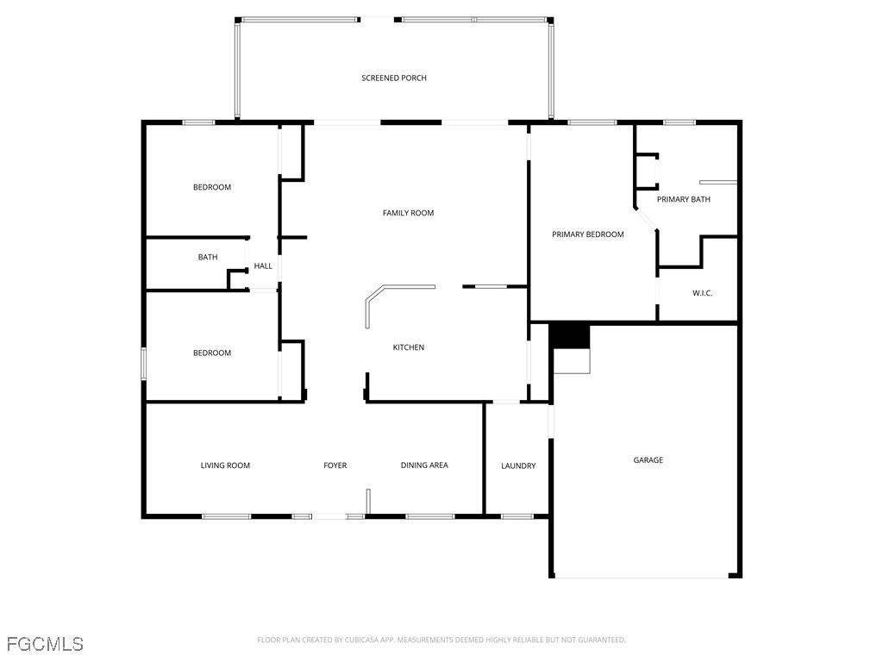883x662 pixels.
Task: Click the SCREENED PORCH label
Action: [393, 78]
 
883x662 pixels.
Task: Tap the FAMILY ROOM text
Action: [408, 213]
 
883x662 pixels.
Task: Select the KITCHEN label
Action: [408, 347]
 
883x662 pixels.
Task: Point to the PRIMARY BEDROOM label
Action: [587, 234]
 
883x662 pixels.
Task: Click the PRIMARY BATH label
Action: [683, 200]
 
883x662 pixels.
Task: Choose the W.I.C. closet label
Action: [702, 293]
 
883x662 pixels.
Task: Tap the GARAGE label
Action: [648, 460]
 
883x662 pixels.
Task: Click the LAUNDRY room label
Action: [518, 466]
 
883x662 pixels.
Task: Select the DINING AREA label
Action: [424, 465]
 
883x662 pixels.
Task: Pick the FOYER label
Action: [335, 465]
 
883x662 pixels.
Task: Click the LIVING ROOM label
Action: [225, 465]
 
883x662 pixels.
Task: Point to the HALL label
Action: [263, 266]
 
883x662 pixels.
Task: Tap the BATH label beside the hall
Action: [208, 257]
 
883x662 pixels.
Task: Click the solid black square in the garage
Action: [568, 334]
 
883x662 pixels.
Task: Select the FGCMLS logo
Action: [45, 644]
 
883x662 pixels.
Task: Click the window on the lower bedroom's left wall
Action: [144, 363]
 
